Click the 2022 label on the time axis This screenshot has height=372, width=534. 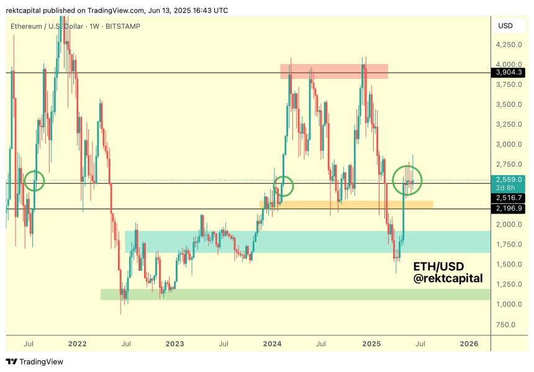[x=77, y=342]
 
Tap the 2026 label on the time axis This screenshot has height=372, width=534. [x=469, y=342]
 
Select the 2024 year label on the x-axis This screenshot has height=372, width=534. [x=273, y=342]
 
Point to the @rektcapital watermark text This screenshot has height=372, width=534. [x=448, y=279]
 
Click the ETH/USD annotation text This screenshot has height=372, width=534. [x=438, y=266]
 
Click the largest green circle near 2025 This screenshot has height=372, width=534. [x=407, y=180]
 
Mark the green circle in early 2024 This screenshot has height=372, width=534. [x=284, y=184]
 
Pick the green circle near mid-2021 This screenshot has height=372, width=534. [x=34, y=181]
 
